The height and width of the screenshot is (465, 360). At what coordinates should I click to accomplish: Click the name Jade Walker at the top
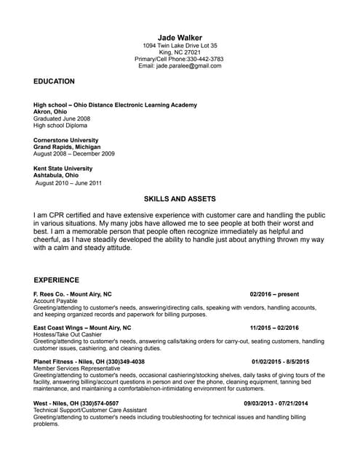coord(180,37)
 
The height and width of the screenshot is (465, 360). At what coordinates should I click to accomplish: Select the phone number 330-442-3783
coord(207,59)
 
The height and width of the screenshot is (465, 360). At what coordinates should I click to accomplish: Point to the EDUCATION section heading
coord(54,81)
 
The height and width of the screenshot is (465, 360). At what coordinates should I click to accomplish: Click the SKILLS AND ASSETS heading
coord(180,198)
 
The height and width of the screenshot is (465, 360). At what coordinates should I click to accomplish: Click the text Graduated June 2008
coord(62,118)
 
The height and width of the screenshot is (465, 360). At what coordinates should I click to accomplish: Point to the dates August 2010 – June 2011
coord(69,183)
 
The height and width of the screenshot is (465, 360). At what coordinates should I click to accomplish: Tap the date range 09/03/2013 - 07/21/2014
coord(276,403)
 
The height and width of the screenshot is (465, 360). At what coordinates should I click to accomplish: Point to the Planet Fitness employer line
coord(89,361)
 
